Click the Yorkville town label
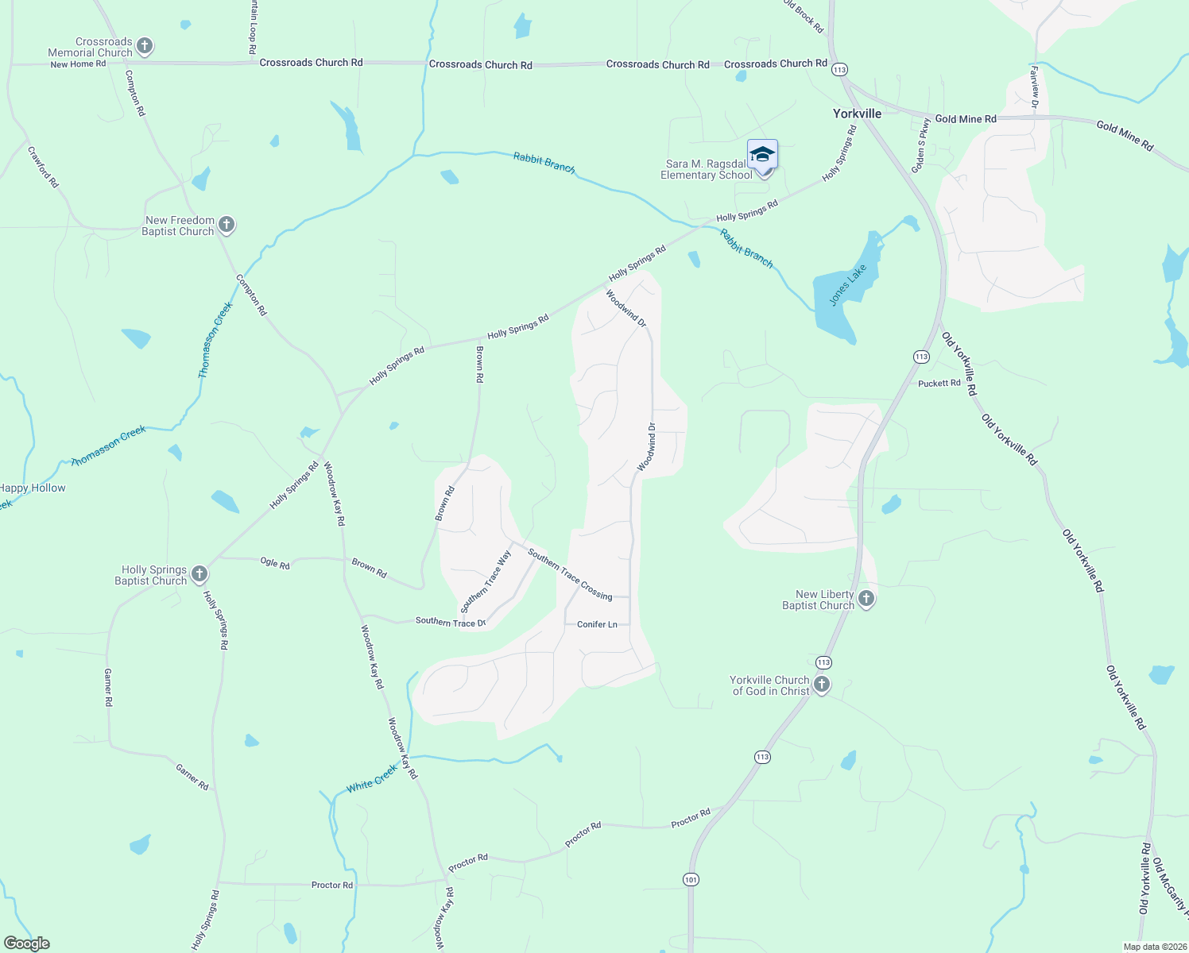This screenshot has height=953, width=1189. pos(857,114)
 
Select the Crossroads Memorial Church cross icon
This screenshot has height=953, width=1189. pos(145,46)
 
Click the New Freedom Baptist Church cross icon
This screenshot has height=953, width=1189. pos(227,225)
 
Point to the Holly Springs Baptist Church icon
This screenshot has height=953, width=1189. pos(199,574)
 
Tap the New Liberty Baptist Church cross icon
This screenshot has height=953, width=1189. pos(866,599)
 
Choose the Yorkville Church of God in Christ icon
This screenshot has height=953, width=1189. pos(822,685)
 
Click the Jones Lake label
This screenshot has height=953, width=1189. pos(848,285)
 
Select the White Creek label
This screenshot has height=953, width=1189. pos(372,779)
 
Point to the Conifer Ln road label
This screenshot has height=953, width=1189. pos(597,624)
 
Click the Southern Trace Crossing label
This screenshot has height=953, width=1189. pos(570,575)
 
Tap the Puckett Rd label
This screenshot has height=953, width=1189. pos(939,383)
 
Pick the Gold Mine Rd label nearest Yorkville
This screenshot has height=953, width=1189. pos(966,119)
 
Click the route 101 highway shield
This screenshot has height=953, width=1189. pos(691,879)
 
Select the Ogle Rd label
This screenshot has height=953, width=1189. pos(275,563)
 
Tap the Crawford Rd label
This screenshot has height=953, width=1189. pos(43,167)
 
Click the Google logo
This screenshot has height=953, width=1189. pos(26,943)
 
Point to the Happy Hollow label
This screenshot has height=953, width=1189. pos(33,488)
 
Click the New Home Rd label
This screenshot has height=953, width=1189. pos(78,64)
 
